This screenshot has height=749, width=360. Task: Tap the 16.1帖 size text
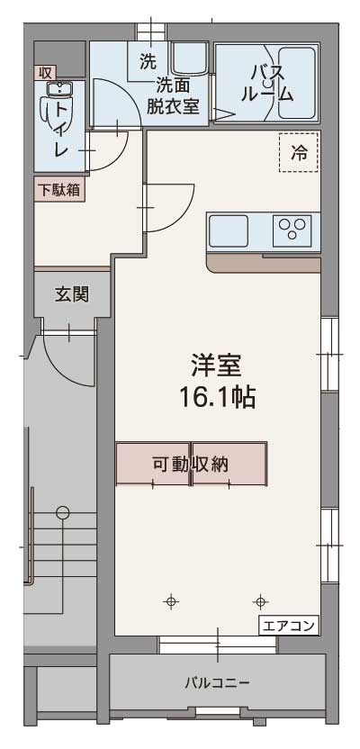pyautogui.click(x=216, y=397)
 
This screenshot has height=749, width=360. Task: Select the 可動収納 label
pyautogui.click(x=190, y=465)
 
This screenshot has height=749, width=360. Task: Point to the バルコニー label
pyautogui.click(x=217, y=681)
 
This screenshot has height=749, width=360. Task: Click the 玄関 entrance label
pyautogui.click(x=69, y=293)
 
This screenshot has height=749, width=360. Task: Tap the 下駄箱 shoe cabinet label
pyautogui.click(x=60, y=190)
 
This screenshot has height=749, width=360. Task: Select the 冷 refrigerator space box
pyautogui.click(x=298, y=153)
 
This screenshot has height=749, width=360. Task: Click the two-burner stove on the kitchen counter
pyautogui.click(x=292, y=230)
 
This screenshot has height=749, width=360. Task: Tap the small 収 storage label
pyautogui.click(x=44, y=71)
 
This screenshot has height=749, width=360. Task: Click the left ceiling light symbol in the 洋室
pyautogui.click(x=170, y=601)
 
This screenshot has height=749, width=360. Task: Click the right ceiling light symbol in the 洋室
pyautogui.click(x=261, y=601)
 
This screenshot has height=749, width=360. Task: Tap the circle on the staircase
pyautogui.click(x=62, y=513)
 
